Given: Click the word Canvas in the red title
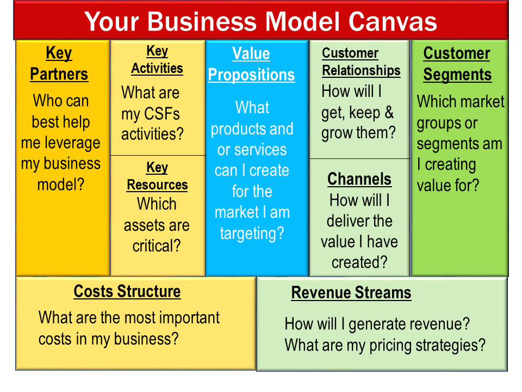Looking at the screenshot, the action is (393, 22).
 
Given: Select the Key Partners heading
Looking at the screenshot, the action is (59, 63).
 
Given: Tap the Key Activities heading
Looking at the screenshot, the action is (157, 60).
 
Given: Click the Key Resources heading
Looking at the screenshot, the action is (157, 176).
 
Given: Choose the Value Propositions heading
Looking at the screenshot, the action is (251, 64).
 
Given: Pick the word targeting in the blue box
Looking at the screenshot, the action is (252, 234).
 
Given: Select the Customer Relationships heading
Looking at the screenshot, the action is (361, 62).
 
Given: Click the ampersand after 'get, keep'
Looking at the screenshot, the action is (389, 112).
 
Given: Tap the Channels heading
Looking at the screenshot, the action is (359, 179).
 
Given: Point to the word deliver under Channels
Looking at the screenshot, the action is (348, 221).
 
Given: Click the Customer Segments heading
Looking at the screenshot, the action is (457, 64).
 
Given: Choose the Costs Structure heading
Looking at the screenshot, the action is (127, 291).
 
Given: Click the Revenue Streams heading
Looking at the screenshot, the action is (351, 293).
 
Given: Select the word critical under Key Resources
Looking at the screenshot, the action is (157, 246).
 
